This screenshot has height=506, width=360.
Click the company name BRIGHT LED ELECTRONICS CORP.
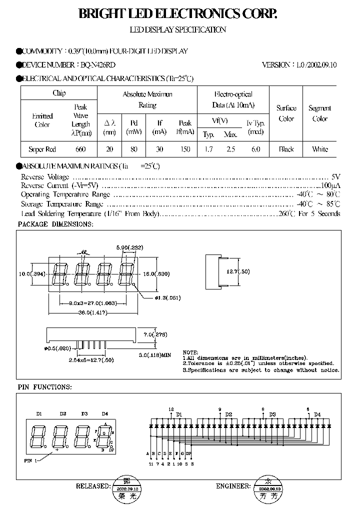click(177, 14)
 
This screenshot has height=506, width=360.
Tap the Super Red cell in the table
click(42, 149)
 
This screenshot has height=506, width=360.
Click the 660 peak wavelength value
click(80, 149)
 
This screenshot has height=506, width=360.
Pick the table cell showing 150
click(184, 149)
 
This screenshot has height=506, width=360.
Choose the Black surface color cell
click(286, 149)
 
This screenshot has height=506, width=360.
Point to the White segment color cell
click(320, 149)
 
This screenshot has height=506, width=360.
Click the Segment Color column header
click(320, 113)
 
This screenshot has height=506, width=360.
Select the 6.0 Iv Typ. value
click(255, 149)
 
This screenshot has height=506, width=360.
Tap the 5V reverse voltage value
click(335, 177)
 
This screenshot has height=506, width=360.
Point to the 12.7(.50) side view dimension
click(251, 271)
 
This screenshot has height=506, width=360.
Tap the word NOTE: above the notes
click(190, 352)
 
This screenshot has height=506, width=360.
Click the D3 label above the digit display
click(84, 413)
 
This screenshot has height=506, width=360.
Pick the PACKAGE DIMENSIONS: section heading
click(55, 224)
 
